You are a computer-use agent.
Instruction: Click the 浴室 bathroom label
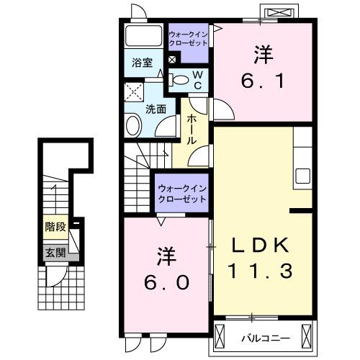[x=141, y=63]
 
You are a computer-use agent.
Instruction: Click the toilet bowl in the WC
[x=181, y=80]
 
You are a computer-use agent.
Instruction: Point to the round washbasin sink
[x=134, y=127]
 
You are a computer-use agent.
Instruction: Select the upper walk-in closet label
[x=188, y=37]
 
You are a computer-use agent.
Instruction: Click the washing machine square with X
[x=132, y=91]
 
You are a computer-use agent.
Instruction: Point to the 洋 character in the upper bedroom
[x=262, y=53]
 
